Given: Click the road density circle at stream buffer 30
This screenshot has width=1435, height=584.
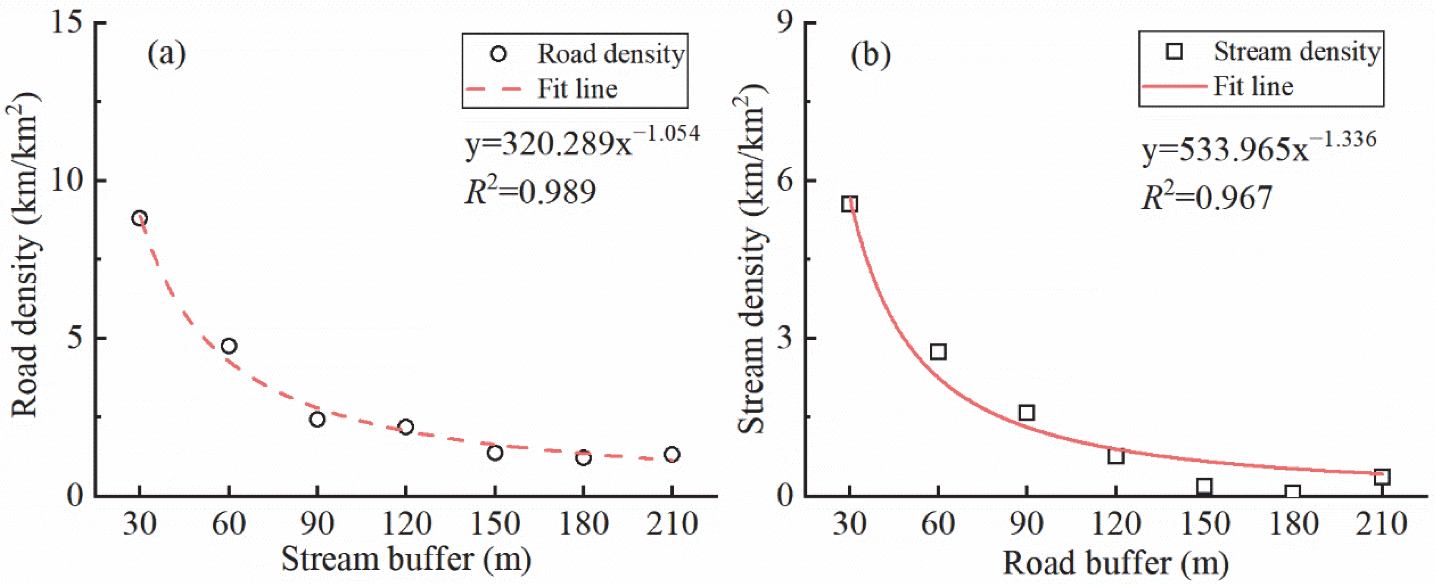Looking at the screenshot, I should (x=140, y=218).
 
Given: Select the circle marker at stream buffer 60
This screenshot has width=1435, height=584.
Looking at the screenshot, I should (x=229, y=346).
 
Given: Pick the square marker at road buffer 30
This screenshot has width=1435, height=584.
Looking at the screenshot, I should (x=849, y=204).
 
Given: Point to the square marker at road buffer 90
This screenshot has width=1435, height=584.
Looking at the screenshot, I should (x=1027, y=413).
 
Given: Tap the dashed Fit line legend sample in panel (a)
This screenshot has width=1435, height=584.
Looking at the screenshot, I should (x=493, y=88).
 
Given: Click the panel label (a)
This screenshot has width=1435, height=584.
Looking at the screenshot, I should (x=166, y=54).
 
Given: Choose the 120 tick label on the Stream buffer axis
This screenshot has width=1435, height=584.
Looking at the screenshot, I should (x=406, y=524).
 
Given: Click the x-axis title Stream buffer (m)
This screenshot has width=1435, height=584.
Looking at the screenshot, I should (x=406, y=559).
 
